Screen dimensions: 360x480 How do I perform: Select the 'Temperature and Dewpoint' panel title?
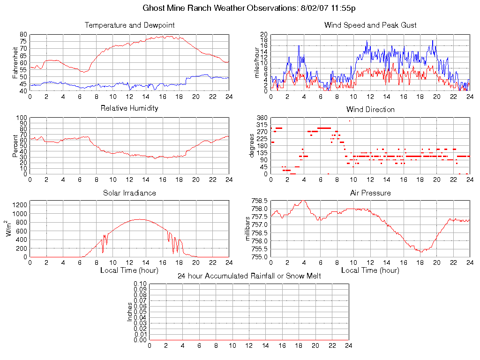(129, 25)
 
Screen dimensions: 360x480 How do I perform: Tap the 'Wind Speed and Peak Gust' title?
(370, 25)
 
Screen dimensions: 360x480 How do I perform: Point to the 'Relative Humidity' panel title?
(129, 108)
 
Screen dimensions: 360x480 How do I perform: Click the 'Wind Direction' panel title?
(370, 109)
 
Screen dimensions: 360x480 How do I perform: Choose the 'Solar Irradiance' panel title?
(129, 193)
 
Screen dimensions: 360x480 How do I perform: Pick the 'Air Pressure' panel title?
(370, 193)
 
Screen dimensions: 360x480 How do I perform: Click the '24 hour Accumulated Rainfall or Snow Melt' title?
(249, 276)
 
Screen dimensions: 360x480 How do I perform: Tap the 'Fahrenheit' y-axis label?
(15, 63)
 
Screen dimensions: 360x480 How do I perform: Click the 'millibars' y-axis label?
(249, 229)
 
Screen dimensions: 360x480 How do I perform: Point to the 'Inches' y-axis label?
(130, 312)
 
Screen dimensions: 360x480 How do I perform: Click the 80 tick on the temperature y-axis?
(23, 35)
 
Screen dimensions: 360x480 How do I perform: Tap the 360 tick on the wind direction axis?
(262, 118)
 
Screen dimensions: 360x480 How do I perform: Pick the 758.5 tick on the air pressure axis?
(259, 201)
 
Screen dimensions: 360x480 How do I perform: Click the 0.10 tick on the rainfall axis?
(140, 284)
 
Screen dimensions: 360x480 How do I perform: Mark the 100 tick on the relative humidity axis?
(22, 118)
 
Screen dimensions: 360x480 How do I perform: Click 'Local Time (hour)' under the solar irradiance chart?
(129, 270)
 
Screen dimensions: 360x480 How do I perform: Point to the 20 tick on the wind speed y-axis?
(264, 35)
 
